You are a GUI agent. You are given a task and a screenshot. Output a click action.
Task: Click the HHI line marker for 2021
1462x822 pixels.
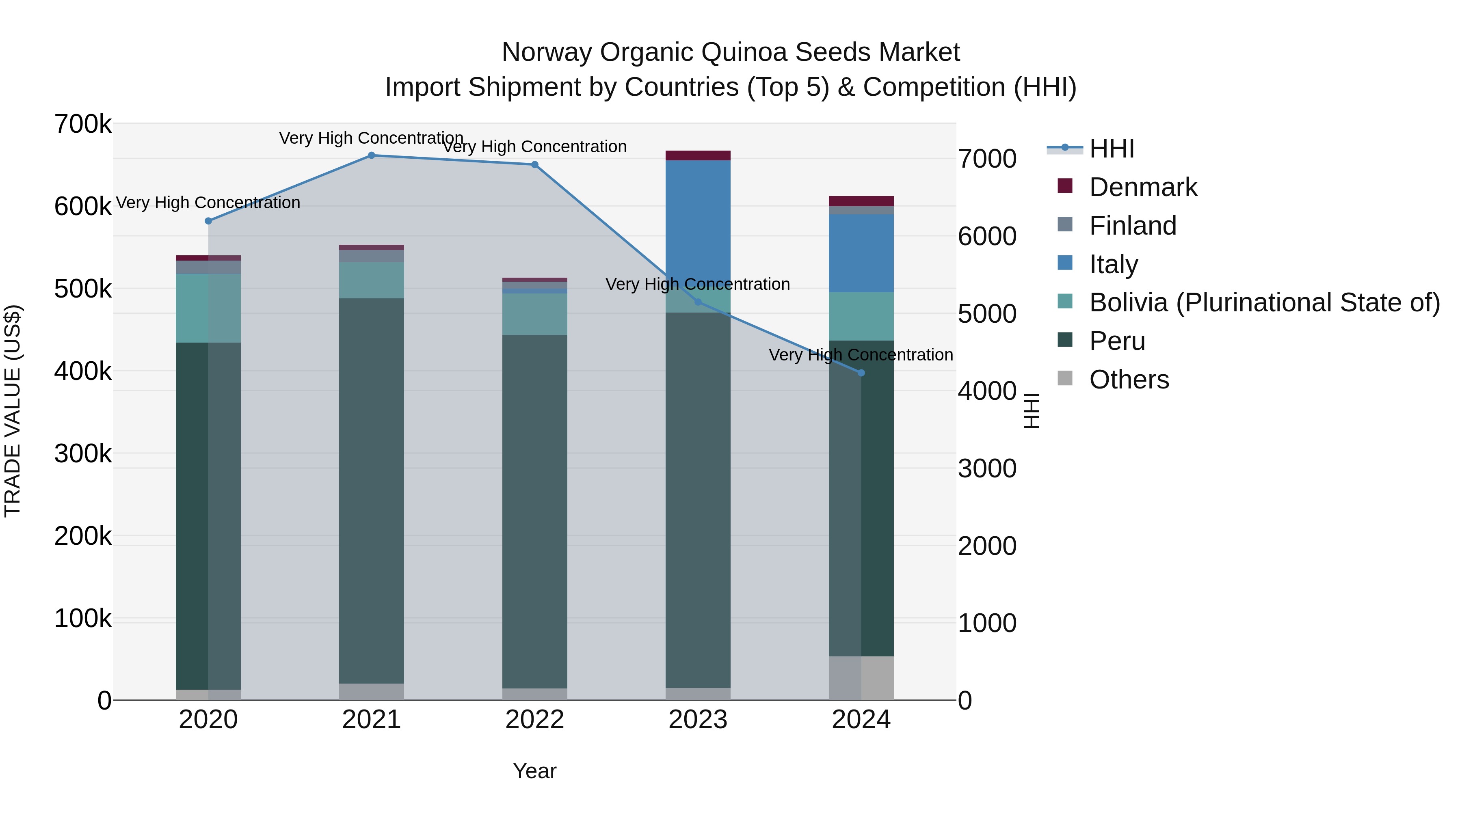[371, 155]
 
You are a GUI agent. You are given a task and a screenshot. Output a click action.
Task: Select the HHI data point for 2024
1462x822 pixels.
[861, 373]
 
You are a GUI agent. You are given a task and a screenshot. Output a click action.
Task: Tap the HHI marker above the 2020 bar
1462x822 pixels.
[208, 221]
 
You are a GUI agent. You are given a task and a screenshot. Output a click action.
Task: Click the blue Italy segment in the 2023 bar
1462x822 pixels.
[698, 221]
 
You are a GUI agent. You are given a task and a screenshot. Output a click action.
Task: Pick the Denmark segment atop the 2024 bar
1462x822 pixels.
[861, 201]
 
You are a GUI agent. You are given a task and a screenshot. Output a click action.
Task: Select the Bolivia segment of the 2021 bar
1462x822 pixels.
[371, 280]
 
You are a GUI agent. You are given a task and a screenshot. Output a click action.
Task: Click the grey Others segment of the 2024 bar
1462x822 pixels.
[861, 677]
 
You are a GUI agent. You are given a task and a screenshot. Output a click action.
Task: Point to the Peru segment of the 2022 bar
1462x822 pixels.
[534, 511]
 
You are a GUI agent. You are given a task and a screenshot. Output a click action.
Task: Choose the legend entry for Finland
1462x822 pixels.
[1132, 226]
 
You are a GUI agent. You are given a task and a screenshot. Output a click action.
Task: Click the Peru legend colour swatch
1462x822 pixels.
[1065, 341]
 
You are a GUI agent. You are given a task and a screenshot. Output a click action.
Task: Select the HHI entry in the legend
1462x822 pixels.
[1111, 149]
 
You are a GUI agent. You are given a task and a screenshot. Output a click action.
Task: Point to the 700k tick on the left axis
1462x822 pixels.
[83, 124]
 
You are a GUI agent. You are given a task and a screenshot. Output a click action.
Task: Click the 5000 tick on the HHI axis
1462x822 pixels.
[987, 314]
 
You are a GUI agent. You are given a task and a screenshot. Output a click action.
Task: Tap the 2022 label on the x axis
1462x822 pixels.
[534, 720]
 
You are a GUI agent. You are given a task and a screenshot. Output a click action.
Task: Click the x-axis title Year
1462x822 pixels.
[534, 771]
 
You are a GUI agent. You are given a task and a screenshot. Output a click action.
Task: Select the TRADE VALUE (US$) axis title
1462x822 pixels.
[13, 411]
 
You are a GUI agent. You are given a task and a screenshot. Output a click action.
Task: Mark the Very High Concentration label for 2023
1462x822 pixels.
[698, 284]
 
